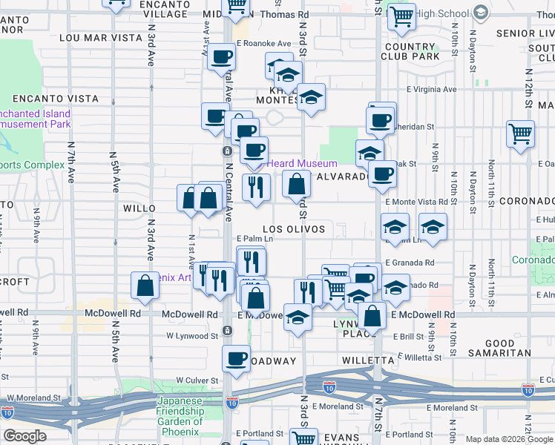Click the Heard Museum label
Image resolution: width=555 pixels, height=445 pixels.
click(x=302, y=163)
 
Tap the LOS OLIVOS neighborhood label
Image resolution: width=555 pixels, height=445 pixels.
click(x=294, y=229)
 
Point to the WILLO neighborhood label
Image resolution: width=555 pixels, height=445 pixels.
click(x=139, y=209)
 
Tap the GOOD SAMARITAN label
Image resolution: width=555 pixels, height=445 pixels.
click(x=510, y=349)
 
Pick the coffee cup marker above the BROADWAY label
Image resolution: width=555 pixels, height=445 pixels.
click(x=237, y=357)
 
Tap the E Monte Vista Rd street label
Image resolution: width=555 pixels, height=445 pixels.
click(x=416, y=202)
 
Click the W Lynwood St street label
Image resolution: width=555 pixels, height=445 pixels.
click(x=192, y=335)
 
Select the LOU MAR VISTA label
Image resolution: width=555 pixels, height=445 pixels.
click(x=94, y=36)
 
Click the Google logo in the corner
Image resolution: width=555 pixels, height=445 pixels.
click(x=24, y=436)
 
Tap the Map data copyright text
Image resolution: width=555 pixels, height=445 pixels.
click(x=509, y=439)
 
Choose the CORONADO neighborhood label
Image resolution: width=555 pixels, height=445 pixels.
click(x=526, y=201)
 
